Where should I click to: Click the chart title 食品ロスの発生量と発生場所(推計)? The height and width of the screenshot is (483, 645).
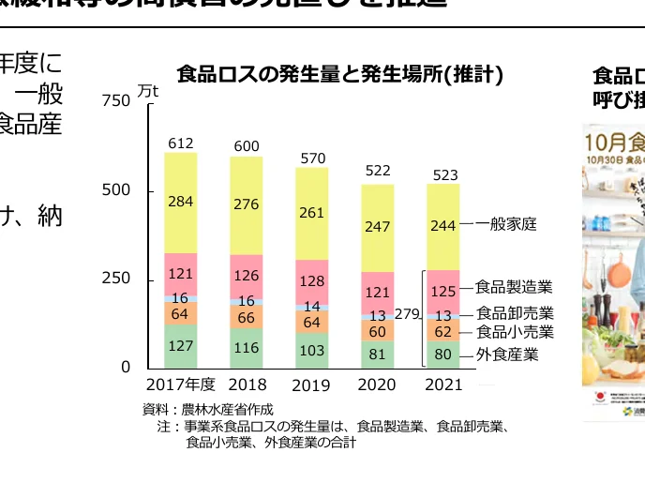point(340,74)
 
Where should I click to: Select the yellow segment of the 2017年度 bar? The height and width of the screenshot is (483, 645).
point(181,203)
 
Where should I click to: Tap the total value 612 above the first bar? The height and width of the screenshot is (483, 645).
point(181,143)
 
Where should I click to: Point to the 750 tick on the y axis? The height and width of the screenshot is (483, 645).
point(116,101)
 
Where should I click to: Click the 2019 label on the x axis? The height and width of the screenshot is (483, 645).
point(311,385)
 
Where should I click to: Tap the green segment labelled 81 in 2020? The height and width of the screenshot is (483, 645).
point(377,354)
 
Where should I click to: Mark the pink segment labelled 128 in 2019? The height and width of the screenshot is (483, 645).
point(312,281)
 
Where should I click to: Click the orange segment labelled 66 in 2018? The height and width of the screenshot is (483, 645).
point(247,317)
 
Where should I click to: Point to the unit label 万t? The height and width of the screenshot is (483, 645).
point(148,91)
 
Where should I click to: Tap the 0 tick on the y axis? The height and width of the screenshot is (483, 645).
point(126,368)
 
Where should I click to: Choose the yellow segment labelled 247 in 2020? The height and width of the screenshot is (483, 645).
point(377,227)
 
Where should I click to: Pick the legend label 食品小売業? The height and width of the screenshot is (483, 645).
point(515,332)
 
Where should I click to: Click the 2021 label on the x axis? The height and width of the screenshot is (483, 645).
point(442,385)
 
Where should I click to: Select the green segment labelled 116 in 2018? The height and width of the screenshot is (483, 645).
point(247,347)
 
